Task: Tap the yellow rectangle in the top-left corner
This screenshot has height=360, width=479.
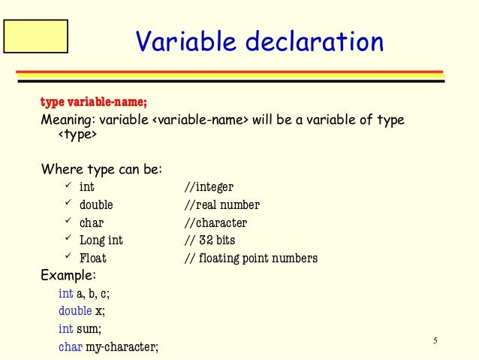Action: coord(35,36)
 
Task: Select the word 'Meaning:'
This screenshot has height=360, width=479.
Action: coord(64,120)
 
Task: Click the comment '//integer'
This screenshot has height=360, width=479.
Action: coord(209,186)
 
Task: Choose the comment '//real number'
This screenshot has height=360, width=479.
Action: coord(222,204)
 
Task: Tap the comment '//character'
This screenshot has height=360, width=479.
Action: coord(215,222)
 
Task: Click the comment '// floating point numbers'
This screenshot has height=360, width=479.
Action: coord(251,259)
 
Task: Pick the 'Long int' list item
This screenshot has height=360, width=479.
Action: coord(101,241)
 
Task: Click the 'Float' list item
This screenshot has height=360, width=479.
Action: coord(93,259)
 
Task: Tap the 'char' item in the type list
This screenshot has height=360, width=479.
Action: coord(92,222)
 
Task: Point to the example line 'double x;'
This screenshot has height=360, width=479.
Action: coord(81,310)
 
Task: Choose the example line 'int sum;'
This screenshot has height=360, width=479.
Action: coord(80,328)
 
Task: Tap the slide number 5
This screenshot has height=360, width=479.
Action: coord(435,342)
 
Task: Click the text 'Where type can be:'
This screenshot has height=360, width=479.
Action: coord(101,169)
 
